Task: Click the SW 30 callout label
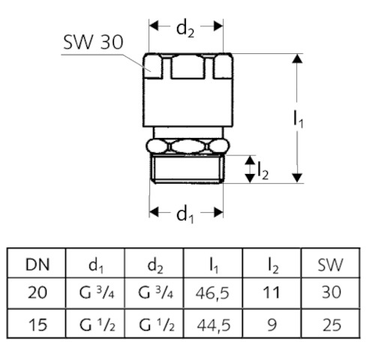tap(93, 42)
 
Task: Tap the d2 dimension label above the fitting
tap(185, 29)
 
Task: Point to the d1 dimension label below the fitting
tap(185, 215)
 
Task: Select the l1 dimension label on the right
tap(298, 120)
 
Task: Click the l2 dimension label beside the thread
tap(263, 171)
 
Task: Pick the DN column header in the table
tap(37, 265)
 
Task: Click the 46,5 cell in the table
tap(212, 292)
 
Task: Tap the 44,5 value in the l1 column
tap(214, 325)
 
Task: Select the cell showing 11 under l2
tap(271, 292)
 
